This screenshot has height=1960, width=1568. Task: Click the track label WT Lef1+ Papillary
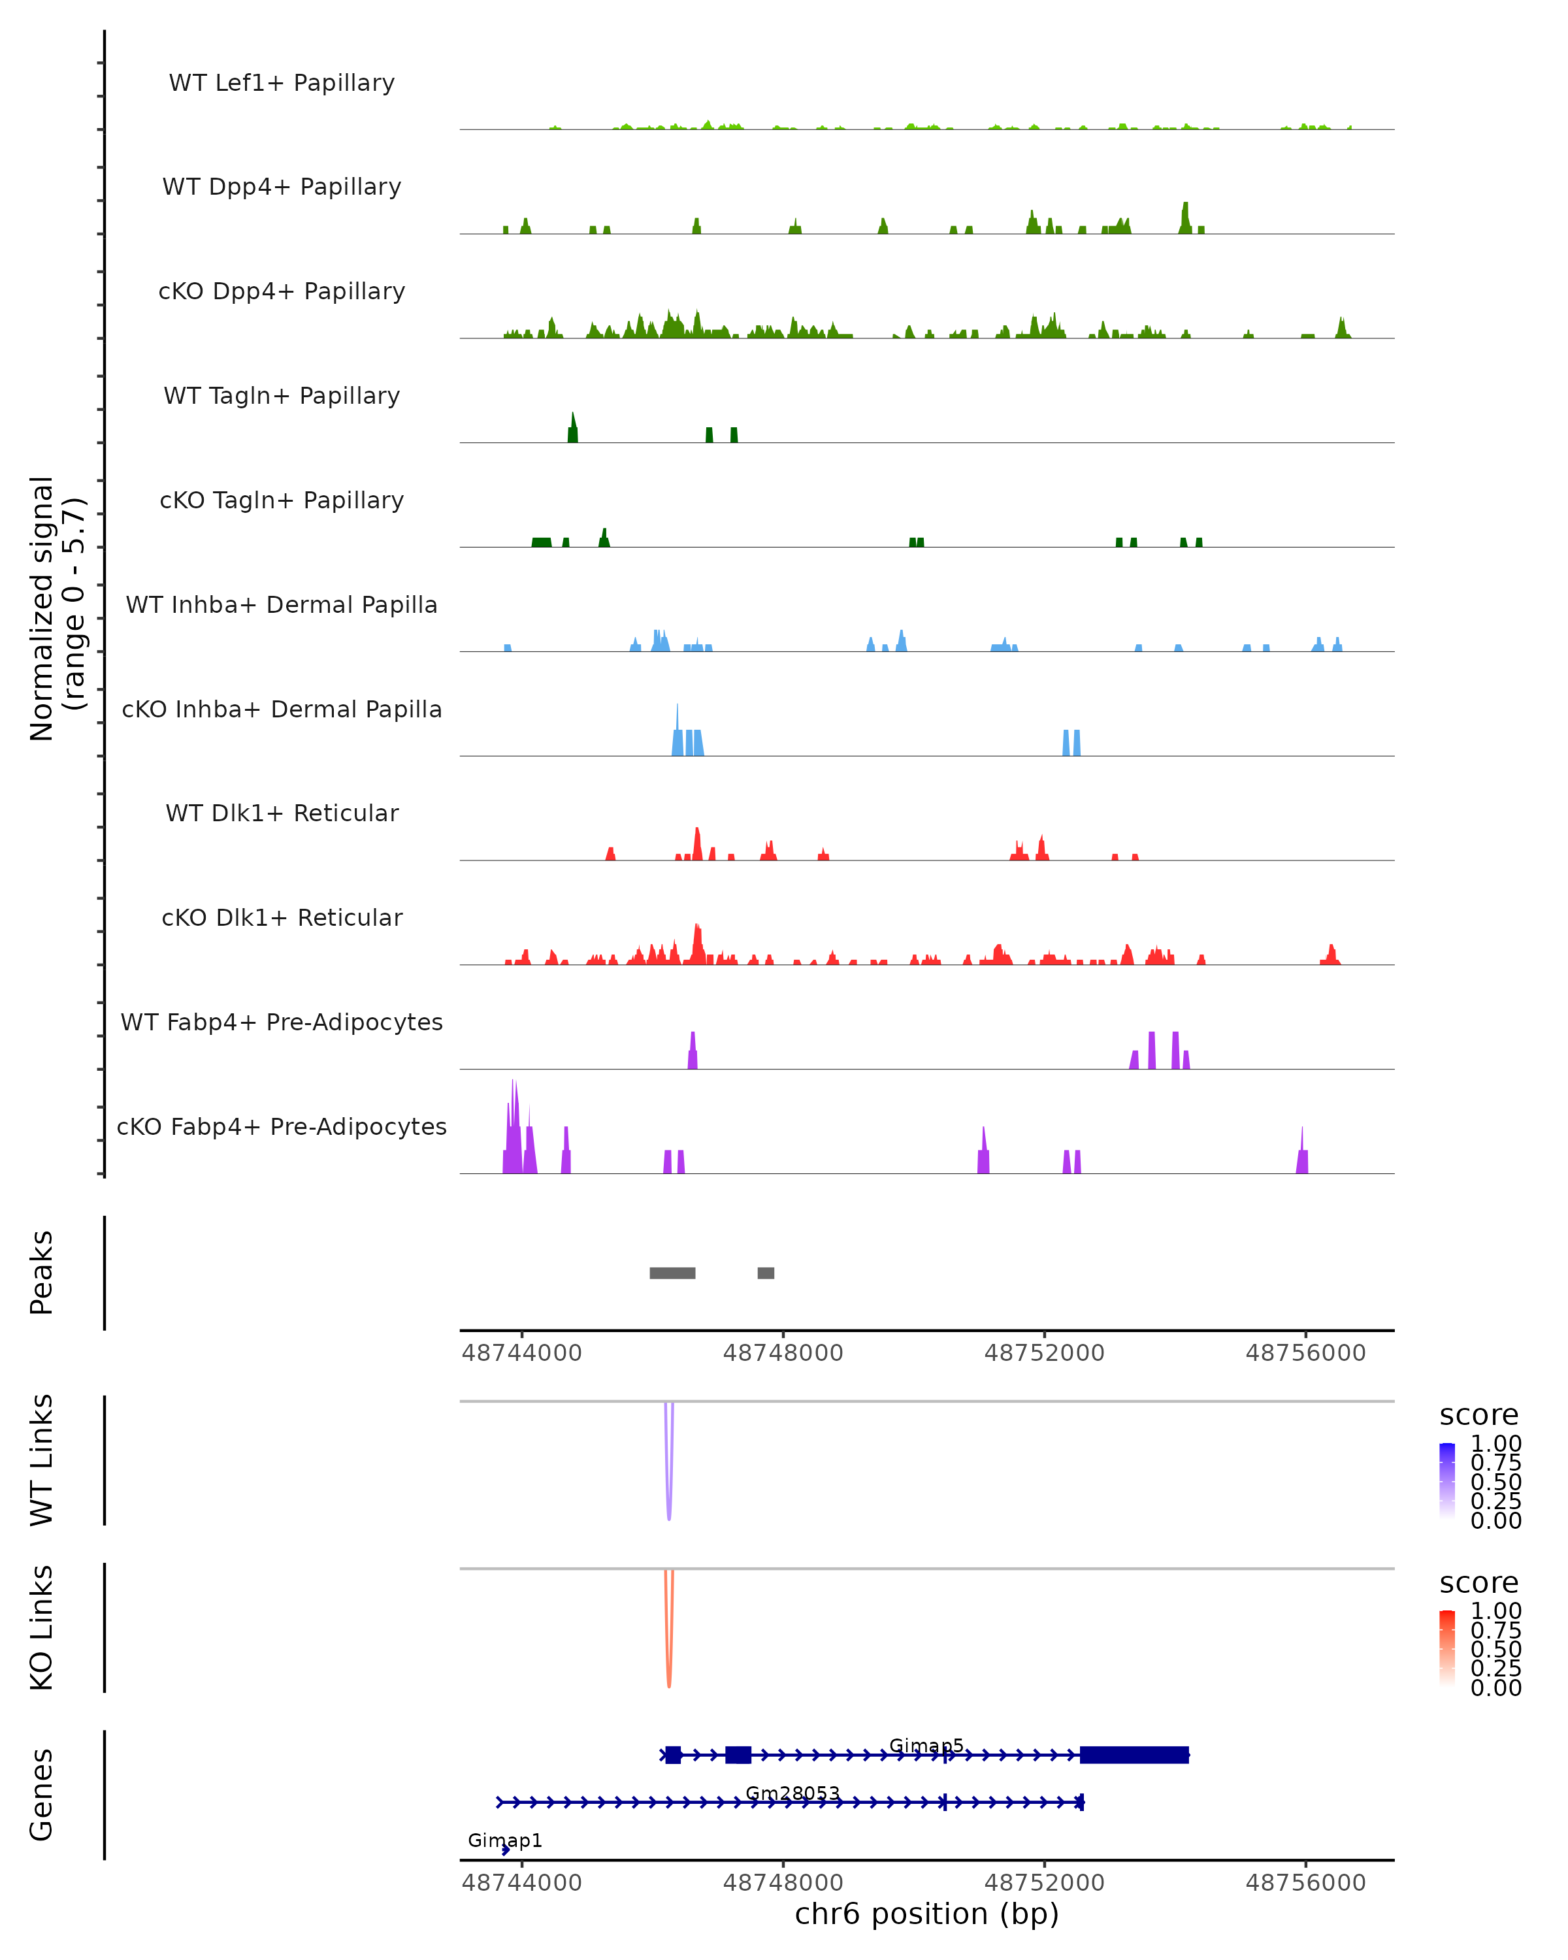[282, 83]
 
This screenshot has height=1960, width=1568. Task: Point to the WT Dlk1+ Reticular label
[282, 813]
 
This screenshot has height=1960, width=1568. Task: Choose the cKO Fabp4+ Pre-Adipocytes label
[282, 1126]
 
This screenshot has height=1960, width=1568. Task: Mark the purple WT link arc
[669, 1473]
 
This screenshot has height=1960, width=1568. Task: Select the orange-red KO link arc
[669, 1641]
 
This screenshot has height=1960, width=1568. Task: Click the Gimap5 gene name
[925, 1746]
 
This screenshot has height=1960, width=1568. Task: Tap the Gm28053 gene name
[792, 1793]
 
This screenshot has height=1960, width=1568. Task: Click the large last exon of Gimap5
[1134, 1755]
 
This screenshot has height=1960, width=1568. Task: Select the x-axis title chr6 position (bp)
[926, 1914]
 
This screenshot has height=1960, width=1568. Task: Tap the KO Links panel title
[42, 1627]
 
